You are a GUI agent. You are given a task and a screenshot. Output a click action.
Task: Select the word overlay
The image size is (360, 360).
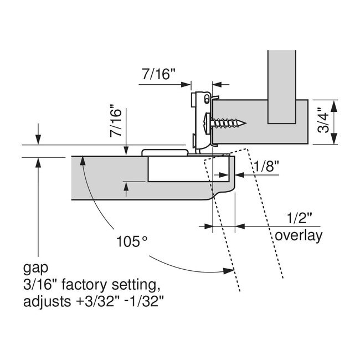click(x=299, y=235)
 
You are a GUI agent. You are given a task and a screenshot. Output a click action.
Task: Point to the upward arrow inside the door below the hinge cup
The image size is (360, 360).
click(x=126, y=188)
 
